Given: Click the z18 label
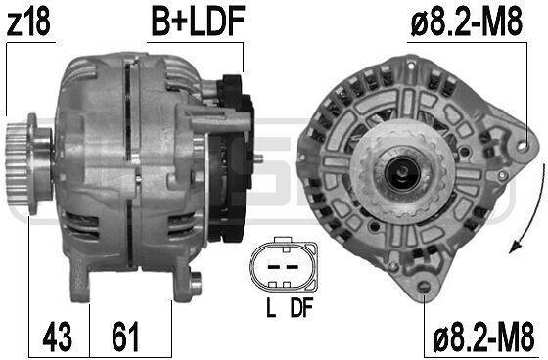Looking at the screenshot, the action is [x=28, y=22].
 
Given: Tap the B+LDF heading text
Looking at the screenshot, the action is [x=198, y=22].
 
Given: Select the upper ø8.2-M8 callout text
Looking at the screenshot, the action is [x=467, y=22].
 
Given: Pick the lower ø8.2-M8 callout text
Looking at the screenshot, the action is [x=483, y=337].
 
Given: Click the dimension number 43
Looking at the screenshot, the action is [x=58, y=337].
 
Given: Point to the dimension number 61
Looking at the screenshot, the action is [x=125, y=337].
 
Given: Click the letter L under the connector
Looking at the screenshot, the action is [x=271, y=307].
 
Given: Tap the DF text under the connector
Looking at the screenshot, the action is [x=301, y=307].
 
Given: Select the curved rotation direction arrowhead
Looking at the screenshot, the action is [x=515, y=247].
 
